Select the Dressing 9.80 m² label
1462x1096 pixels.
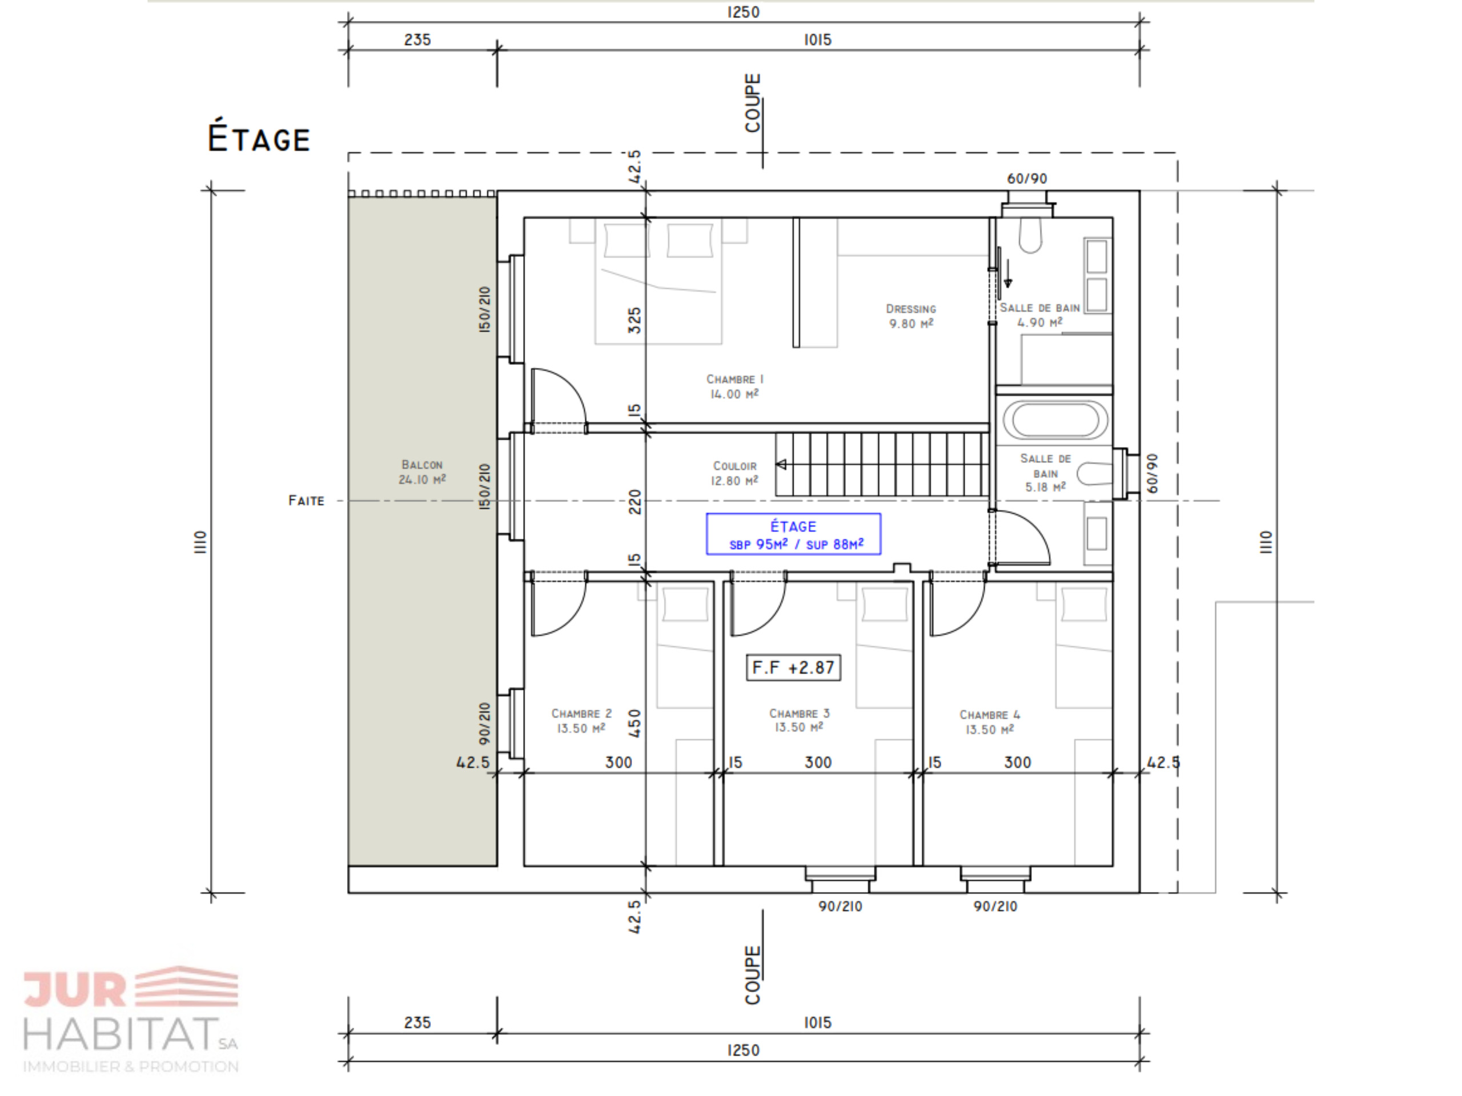coord(911,316)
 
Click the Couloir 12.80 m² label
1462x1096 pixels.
coord(734,473)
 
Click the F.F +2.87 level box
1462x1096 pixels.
coord(793,667)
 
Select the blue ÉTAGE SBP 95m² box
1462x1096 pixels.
coord(793,534)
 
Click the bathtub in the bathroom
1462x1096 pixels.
coord(1055,420)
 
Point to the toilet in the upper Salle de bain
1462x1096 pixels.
coord(1030,235)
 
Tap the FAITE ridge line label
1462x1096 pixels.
coord(306,501)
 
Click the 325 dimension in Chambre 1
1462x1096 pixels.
coord(634,320)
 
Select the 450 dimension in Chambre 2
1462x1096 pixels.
coord(634,723)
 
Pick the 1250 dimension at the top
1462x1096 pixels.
coord(743,12)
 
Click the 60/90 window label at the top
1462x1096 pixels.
coord(1027,178)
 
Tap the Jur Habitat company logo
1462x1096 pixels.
coord(131,1020)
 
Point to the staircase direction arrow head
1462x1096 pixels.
coord(781,465)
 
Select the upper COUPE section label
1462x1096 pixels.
coord(752,102)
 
